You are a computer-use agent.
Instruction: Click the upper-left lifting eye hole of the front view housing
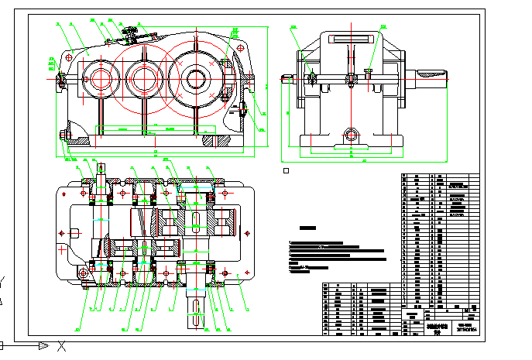70,56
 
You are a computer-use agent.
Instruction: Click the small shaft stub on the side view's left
287,77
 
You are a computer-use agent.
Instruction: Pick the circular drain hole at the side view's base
351,135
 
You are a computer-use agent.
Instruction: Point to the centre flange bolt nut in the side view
351,77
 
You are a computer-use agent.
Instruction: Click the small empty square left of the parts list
286,170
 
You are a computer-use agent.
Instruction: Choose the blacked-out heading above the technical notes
309,228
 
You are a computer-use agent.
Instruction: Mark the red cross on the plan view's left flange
61,250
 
